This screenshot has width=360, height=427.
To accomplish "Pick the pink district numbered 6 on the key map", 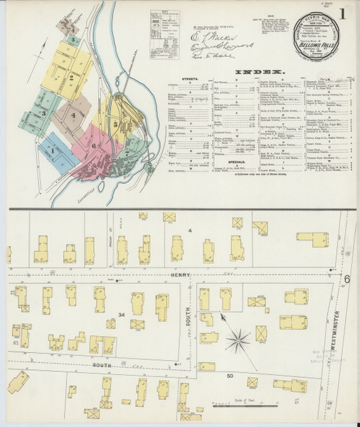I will click(x=93, y=144).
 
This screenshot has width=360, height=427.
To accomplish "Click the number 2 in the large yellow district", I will click(x=71, y=77).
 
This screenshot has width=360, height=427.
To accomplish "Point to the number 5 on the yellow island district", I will click(x=115, y=124).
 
